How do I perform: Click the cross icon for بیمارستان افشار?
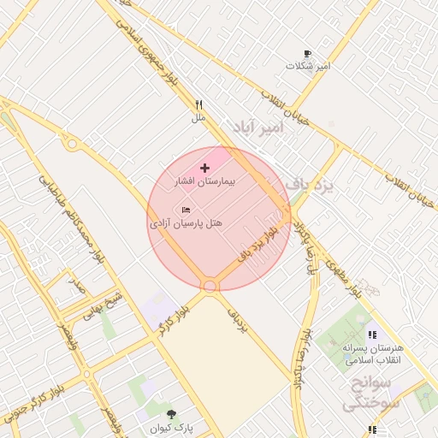click(x=204, y=168)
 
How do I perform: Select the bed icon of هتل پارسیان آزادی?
click(x=186, y=210)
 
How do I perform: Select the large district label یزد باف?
click(x=309, y=184)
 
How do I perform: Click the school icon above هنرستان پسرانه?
click(x=371, y=334)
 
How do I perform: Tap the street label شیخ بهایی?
click(x=104, y=305)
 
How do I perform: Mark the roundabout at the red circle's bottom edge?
click(x=210, y=285)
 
